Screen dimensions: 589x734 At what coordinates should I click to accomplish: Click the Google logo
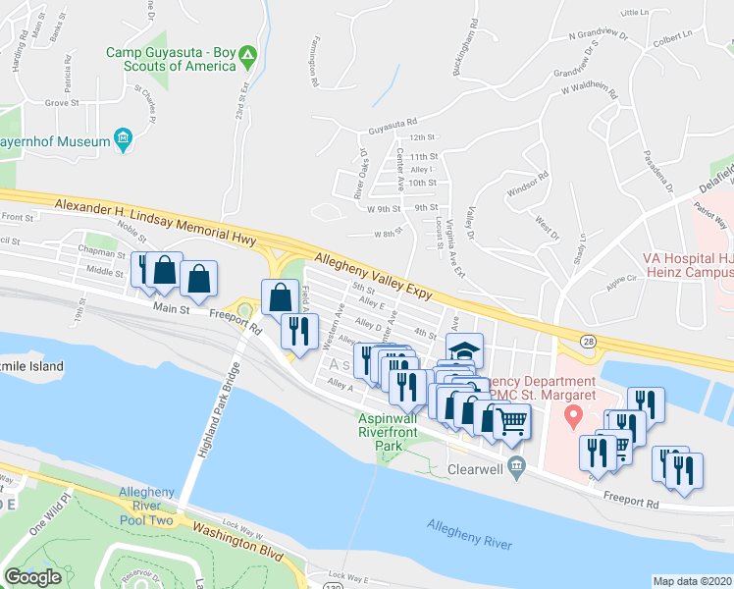[x=32, y=577]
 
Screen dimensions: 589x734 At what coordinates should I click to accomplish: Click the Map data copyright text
[x=692, y=581]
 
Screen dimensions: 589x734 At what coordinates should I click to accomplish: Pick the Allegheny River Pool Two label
[x=146, y=506]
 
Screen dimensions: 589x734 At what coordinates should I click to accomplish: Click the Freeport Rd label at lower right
[x=631, y=503]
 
